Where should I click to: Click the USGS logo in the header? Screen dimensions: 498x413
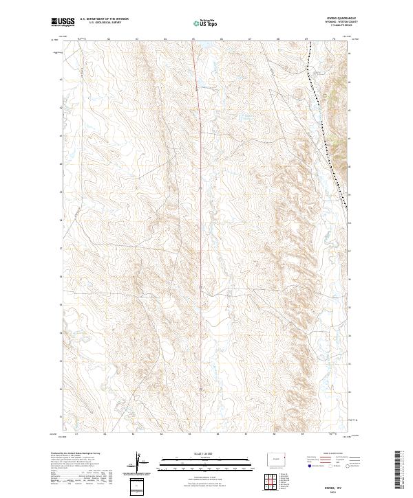[x=63, y=23]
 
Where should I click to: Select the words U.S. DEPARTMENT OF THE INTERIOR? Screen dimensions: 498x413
[x=105, y=20]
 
